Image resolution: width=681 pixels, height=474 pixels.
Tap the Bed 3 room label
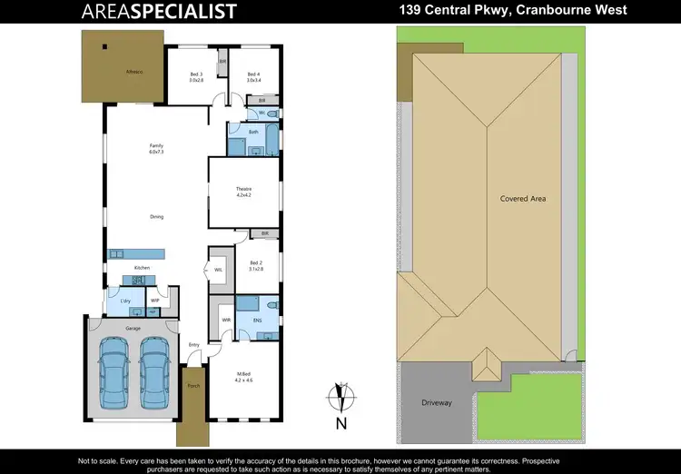point(196,77)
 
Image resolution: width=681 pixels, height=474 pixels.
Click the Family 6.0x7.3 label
point(156,149)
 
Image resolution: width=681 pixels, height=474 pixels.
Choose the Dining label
point(156,216)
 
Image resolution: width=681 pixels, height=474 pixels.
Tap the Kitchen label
point(142,268)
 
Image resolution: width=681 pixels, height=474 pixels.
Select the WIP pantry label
point(155,300)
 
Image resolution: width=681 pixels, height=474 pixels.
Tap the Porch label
point(192,386)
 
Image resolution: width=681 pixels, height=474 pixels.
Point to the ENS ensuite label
point(256,320)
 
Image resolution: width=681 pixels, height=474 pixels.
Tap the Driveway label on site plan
point(437,401)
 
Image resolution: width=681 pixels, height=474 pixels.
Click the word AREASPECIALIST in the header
point(159,11)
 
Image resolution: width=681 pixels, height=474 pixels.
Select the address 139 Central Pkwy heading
point(513,11)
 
